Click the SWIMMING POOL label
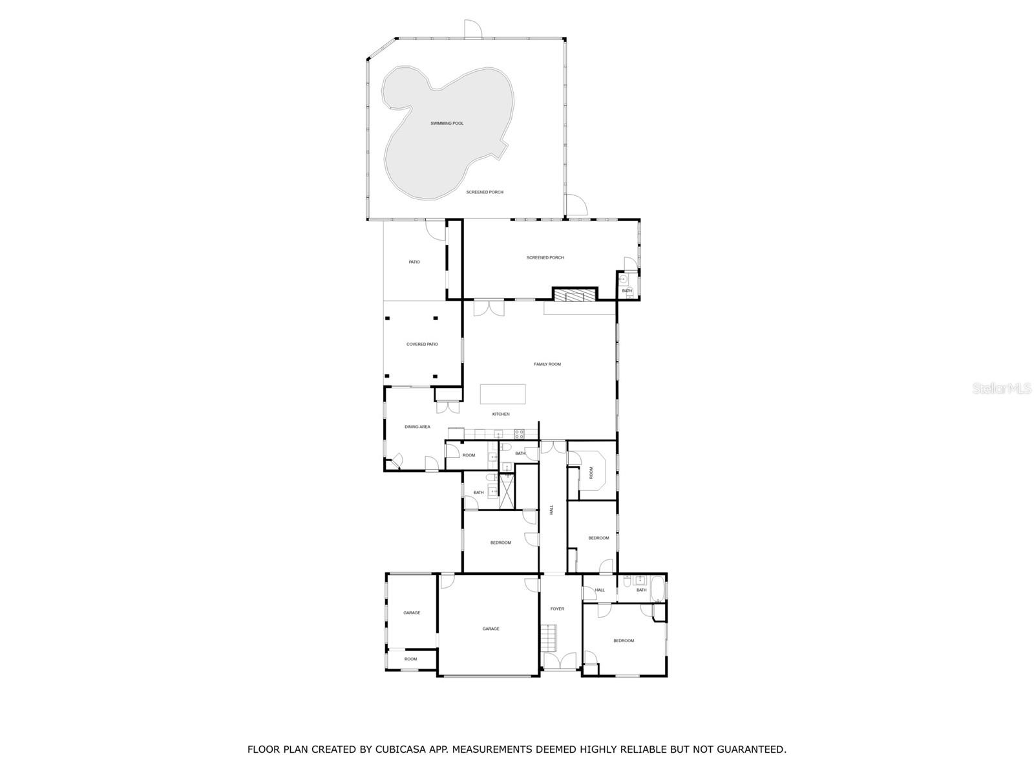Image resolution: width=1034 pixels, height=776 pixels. pyautogui.click(x=447, y=124)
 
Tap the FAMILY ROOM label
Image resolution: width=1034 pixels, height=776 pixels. pyautogui.click(x=547, y=365)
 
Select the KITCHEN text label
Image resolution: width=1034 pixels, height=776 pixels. pyautogui.click(x=501, y=415)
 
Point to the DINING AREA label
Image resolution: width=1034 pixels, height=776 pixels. pyautogui.click(x=417, y=427)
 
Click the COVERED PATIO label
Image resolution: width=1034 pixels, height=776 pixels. pyautogui.click(x=422, y=345)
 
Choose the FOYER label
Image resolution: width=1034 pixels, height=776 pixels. pyautogui.click(x=557, y=609)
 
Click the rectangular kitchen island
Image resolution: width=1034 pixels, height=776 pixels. pyautogui.click(x=502, y=394)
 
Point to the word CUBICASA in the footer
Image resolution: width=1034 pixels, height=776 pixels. pyautogui.click(x=387, y=750)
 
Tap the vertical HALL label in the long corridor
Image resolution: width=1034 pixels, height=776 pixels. pyautogui.click(x=552, y=510)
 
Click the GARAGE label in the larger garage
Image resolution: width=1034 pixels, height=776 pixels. pyautogui.click(x=491, y=629)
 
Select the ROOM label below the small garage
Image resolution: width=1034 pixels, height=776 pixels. pyautogui.click(x=410, y=660)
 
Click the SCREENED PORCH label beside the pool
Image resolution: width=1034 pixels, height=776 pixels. pyautogui.click(x=485, y=192)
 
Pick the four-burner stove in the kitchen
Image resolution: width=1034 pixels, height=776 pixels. pyautogui.click(x=519, y=434)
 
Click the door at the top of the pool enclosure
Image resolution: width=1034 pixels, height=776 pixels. pyautogui.click(x=472, y=29)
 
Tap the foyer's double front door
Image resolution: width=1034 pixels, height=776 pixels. pyautogui.click(x=560, y=662)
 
